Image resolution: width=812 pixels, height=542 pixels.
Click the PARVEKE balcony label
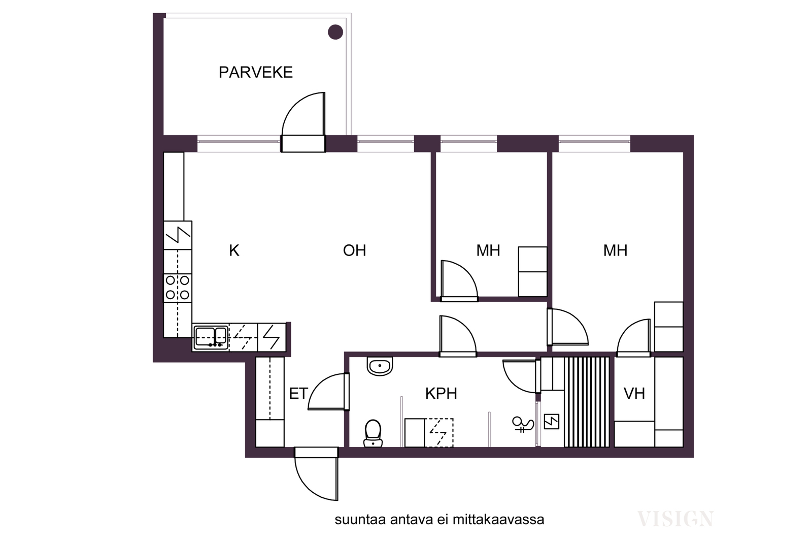256,73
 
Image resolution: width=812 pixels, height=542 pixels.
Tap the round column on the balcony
335,33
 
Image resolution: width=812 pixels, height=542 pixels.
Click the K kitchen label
234,251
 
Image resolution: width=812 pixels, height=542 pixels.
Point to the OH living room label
355,251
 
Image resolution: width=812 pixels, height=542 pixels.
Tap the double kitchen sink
211,338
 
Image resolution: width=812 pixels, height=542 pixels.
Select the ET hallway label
298,394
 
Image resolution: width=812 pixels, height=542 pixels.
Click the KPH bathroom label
441,394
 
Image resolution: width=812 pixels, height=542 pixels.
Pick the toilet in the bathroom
373,433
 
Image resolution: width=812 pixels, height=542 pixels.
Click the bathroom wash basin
380,366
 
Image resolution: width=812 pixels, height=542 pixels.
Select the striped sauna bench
587,402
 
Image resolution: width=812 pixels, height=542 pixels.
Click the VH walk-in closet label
634,394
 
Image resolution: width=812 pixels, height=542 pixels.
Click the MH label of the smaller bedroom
488,251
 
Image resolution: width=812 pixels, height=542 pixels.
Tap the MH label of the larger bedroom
615,251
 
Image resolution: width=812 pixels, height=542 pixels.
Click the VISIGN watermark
675,519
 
